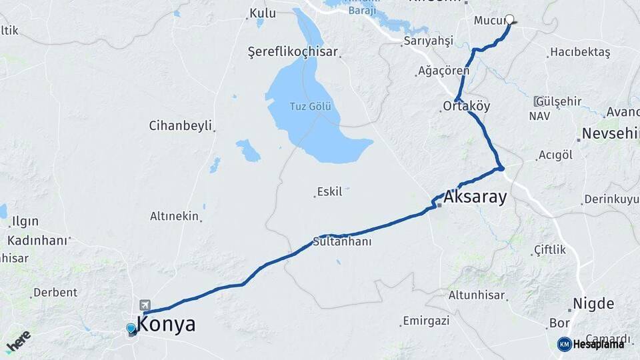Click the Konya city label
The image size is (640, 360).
click(166, 325)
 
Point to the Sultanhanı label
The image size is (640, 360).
click(342, 241)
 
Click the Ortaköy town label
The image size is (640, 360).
click(467, 106)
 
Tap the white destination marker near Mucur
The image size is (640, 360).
click(510, 20)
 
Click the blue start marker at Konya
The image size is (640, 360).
click(131, 328)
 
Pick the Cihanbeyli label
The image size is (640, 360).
click(180, 125)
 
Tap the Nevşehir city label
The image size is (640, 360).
click(610, 133)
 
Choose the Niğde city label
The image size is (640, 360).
click(593, 304)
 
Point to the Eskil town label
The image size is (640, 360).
click(329, 192)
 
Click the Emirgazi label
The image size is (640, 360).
click(426, 321)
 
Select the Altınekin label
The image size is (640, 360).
click(175, 216)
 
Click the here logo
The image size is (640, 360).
click(18, 341)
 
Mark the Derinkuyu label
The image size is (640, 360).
click(611, 199)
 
